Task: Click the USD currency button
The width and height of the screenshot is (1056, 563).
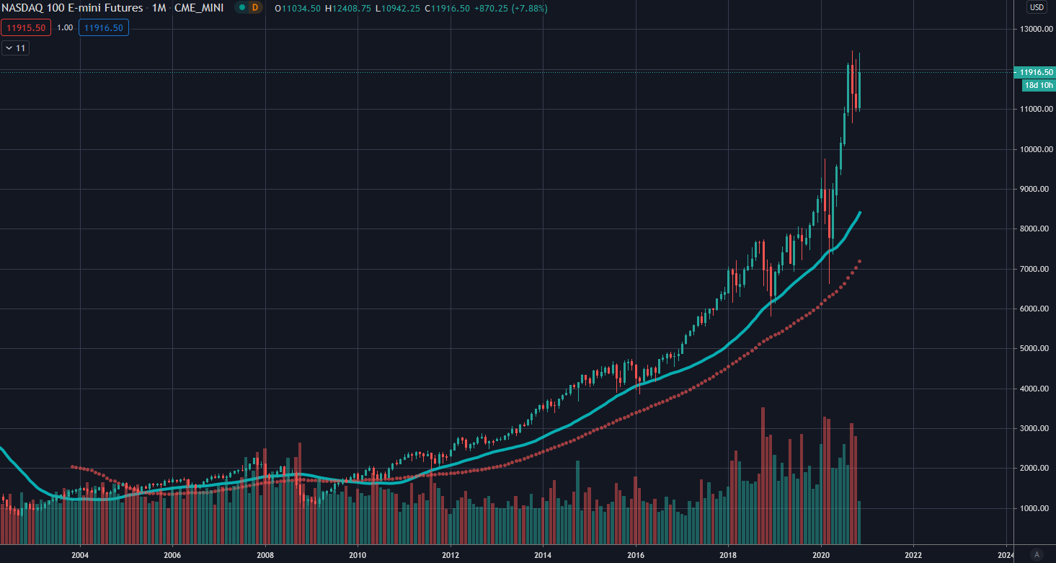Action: click(1037, 8)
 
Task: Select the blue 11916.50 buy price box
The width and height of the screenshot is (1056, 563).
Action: click(104, 28)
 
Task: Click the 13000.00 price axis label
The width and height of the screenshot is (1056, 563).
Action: click(1033, 30)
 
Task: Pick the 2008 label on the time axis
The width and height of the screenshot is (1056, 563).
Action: click(265, 555)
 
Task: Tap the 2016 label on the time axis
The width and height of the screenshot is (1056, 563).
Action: click(636, 555)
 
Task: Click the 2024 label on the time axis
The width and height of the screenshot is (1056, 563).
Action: click(1006, 555)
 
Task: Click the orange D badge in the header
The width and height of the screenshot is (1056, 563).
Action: click(254, 8)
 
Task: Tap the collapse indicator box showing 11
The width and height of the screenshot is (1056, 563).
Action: click(15, 48)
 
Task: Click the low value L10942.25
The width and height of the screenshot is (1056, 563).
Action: click(399, 9)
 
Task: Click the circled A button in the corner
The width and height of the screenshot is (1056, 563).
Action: click(1037, 554)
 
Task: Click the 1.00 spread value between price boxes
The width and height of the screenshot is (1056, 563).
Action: click(65, 28)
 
